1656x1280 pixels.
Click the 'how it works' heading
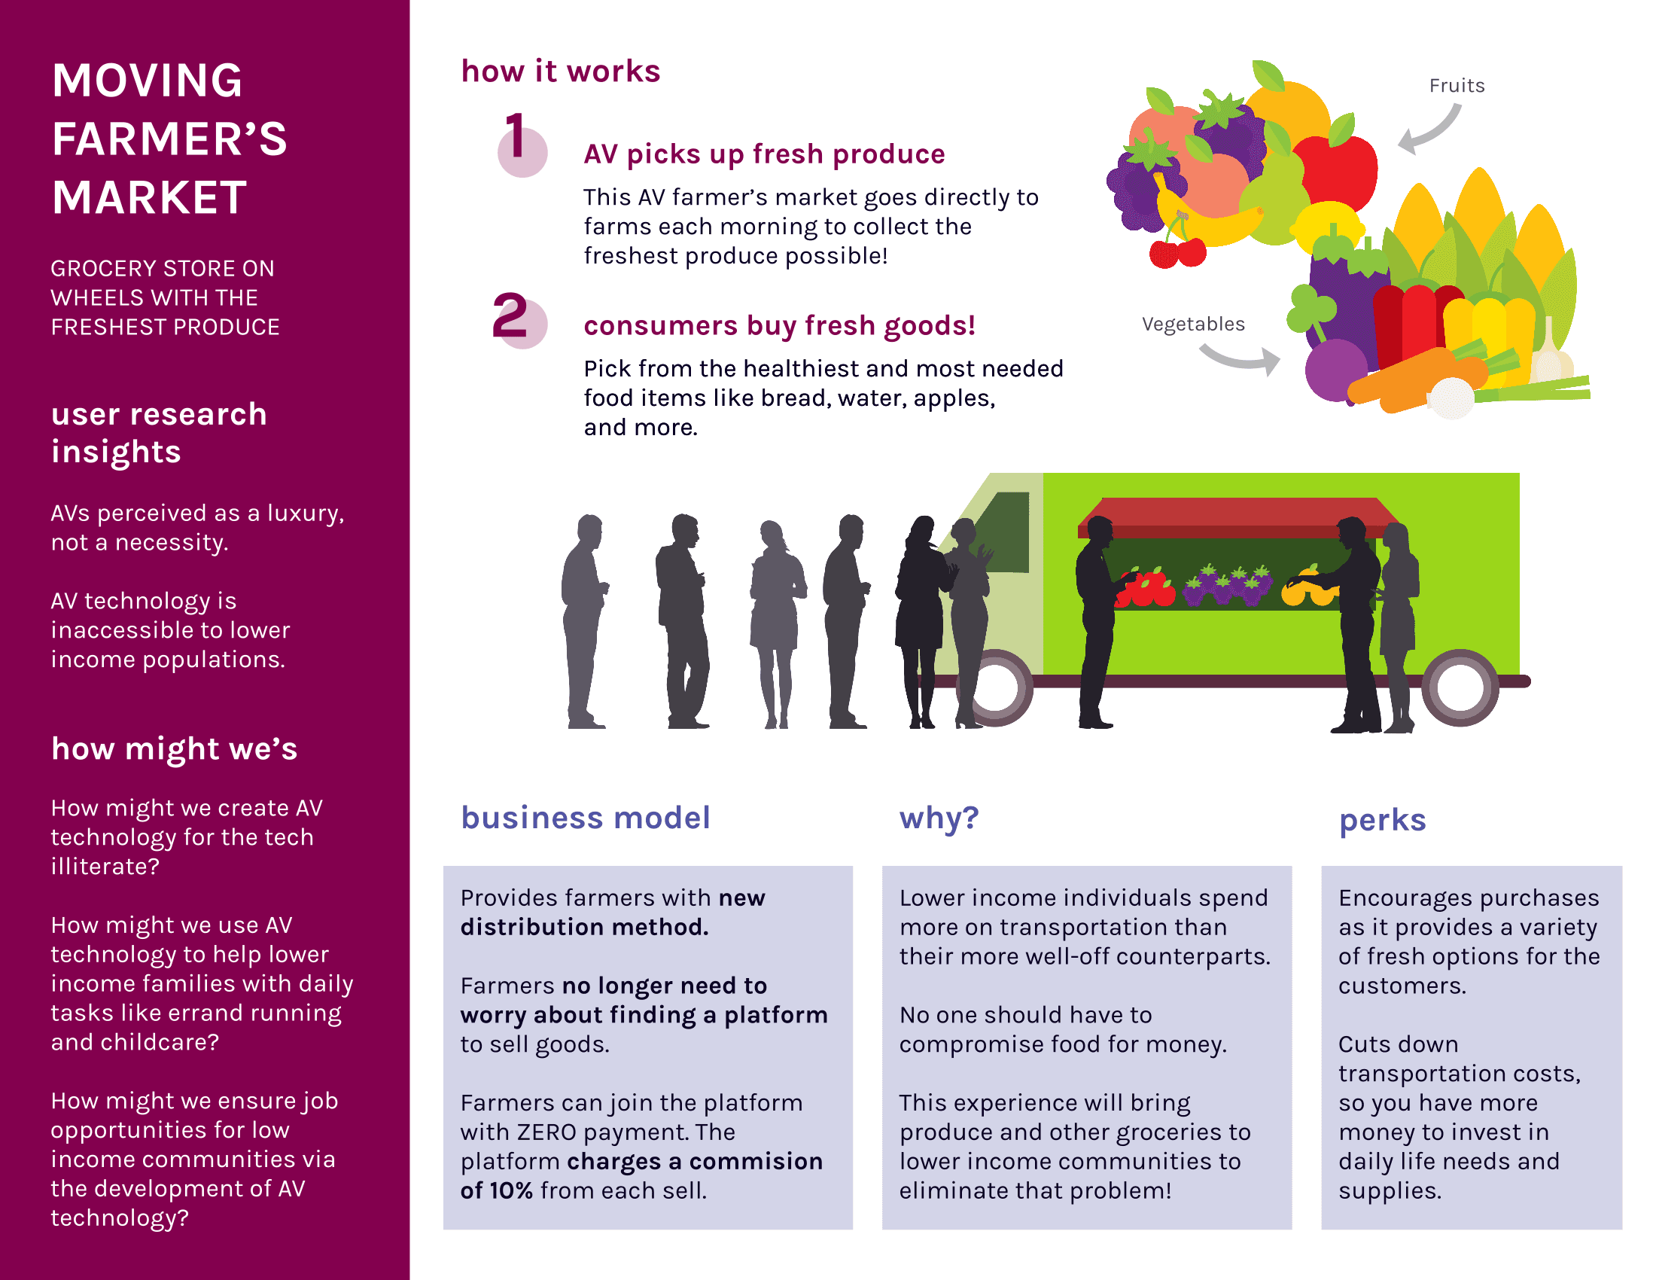[560, 72]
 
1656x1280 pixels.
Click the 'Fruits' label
[1456, 86]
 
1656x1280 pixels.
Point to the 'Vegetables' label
[1193, 325]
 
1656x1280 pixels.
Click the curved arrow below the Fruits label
[1429, 130]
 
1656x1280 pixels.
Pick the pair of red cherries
[1177, 249]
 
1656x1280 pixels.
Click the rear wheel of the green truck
[1459, 688]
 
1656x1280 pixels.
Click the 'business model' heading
[586, 818]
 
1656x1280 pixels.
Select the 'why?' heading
[939, 818]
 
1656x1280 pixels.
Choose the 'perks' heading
[1381, 820]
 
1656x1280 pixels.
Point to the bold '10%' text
[511, 1190]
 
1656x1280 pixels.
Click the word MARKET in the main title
[149, 198]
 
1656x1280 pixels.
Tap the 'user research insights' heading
[159, 432]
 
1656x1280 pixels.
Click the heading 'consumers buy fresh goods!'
[779, 325]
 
